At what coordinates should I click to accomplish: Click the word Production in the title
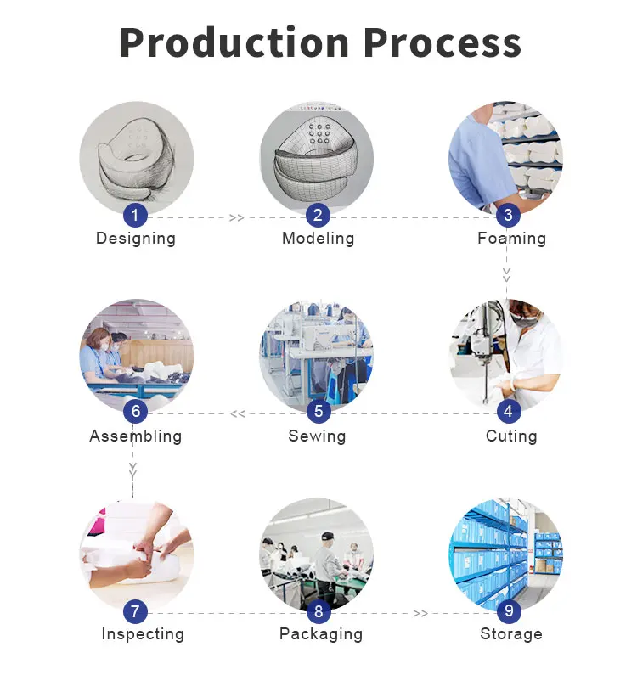(234, 42)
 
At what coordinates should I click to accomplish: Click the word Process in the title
(443, 42)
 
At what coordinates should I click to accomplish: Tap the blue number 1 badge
(135, 215)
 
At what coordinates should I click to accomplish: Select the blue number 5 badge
(318, 411)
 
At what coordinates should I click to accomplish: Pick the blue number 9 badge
(509, 610)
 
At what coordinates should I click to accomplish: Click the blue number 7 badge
(135, 611)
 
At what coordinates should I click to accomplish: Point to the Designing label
(136, 239)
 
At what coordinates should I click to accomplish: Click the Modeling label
(318, 239)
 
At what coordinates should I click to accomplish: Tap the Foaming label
(511, 239)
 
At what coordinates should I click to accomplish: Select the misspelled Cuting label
(511, 436)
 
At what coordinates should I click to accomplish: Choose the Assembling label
(136, 436)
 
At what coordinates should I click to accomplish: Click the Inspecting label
(143, 634)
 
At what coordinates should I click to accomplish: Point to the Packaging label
(321, 634)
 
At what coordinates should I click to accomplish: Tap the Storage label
(511, 634)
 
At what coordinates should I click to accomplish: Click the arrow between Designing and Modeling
(236, 218)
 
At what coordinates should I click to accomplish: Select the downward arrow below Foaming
(507, 274)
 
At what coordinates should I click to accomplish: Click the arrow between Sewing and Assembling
(237, 414)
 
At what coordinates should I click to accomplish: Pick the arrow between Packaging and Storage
(420, 613)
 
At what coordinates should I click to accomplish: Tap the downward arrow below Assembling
(133, 470)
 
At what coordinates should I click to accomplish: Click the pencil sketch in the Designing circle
(137, 159)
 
